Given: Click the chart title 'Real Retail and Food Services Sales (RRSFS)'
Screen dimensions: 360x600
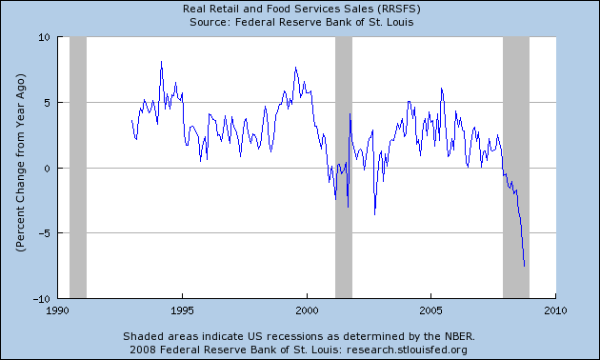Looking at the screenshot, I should pos(299,9).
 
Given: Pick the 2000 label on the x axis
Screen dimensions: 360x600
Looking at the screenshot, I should pos(307,310).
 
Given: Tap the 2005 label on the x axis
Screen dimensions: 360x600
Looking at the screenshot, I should pos(431,310).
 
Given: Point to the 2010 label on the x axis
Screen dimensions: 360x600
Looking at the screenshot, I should pos(556,310).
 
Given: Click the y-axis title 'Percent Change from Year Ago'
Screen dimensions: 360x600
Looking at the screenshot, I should pos(19,168).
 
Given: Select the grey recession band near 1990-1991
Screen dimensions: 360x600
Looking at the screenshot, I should pos(78,168).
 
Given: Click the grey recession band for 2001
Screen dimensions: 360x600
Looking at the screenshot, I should pos(344,168).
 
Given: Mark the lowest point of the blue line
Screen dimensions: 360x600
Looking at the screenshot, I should pos(525,266).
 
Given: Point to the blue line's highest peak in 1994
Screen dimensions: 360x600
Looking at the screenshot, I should pos(161,62).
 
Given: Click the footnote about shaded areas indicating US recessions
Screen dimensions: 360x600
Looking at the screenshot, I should pos(299,336).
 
